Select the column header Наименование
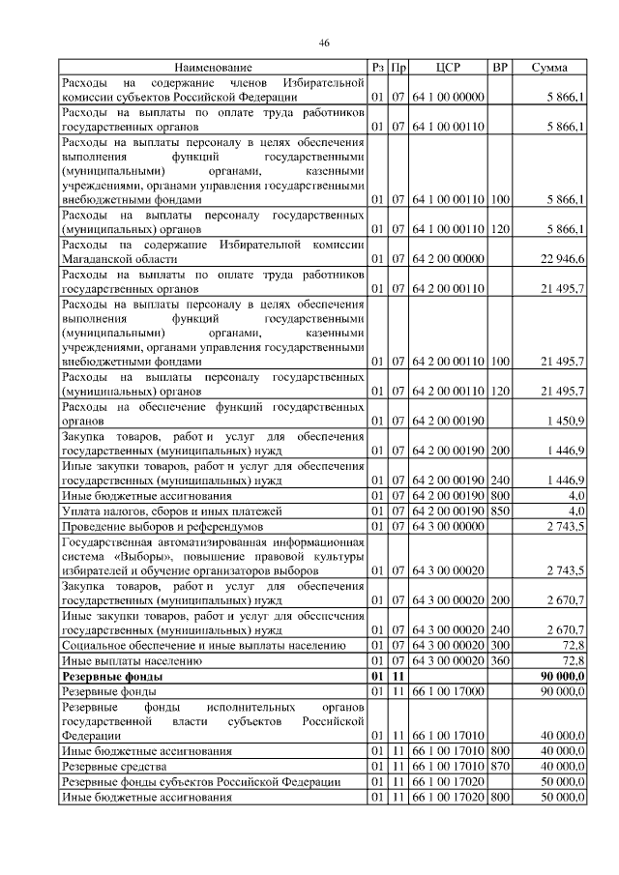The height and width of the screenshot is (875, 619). [x=213, y=68]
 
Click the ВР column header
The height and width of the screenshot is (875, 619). [x=500, y=68]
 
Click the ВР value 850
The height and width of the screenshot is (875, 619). [x=500, y=510]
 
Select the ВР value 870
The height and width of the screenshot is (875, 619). [x=500, y=767]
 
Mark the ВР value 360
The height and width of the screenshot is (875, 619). [x=500, y=661]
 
